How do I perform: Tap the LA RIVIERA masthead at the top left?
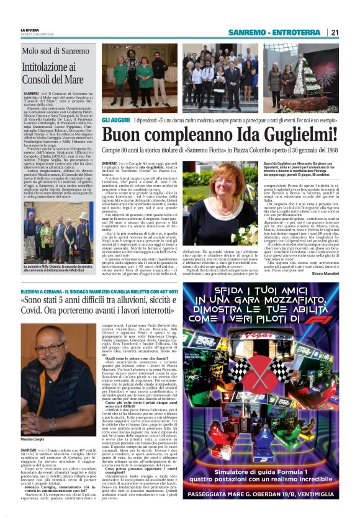30,29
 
